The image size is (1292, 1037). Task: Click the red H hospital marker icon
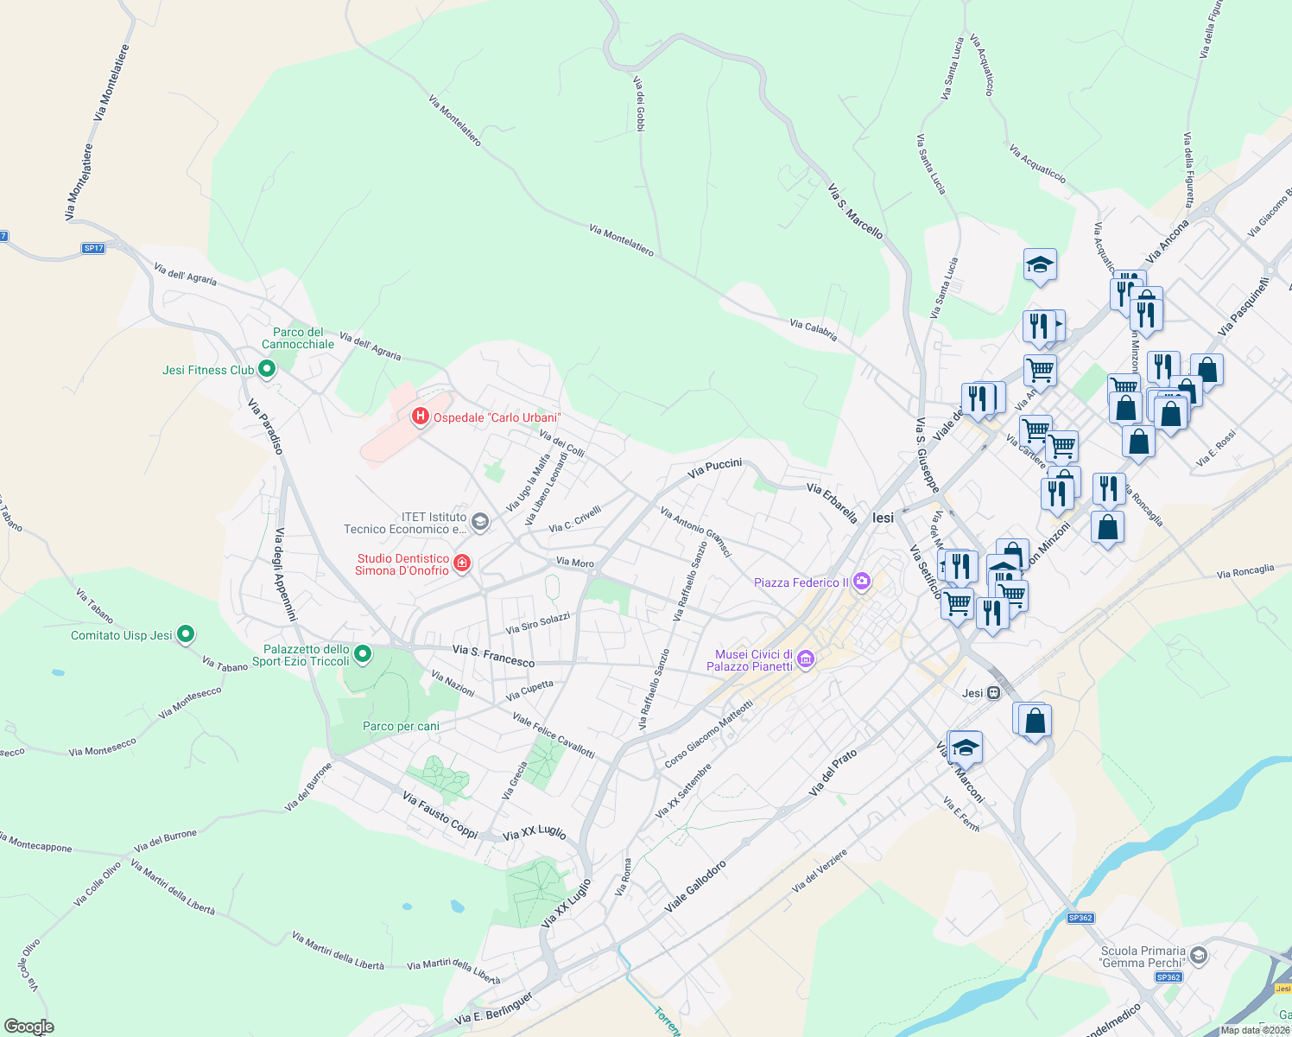(x=421, y=417)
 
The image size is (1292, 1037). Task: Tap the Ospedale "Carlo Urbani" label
(x=497, y=418)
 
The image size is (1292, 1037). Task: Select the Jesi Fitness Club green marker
(x=267, y=370)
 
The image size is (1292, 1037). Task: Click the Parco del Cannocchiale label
(x=298, y=338)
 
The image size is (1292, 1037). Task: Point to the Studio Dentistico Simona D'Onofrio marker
(x=462, y=564)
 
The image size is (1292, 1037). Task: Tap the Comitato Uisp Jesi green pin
(x=186, y=635)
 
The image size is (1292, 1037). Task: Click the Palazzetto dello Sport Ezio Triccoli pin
(x=363, y=654)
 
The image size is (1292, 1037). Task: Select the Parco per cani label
(x=401, y=727)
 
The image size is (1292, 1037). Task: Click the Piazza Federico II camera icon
(x=861, y=582)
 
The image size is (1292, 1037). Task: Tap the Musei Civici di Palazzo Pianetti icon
(x=805, y=660)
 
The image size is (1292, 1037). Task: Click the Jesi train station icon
(x=994, y=693)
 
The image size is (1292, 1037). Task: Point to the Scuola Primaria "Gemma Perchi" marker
(x=1198, y=956)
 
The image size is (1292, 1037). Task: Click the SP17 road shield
(x=93, y=248)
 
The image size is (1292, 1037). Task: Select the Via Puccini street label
(x=714, y=468)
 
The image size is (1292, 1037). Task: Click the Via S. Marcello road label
(x=855, y=211)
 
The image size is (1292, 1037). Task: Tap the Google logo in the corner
(x=28, y=1027)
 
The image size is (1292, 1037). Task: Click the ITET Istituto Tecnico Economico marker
(x=480, y=522)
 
